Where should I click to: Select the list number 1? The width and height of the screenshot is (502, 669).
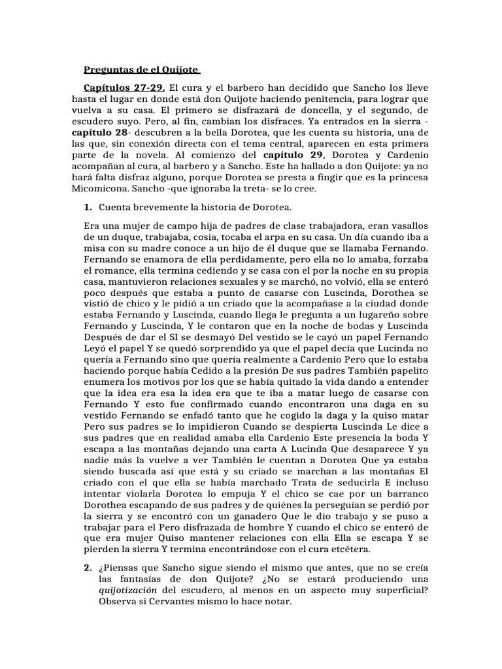[x=88, y=208]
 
